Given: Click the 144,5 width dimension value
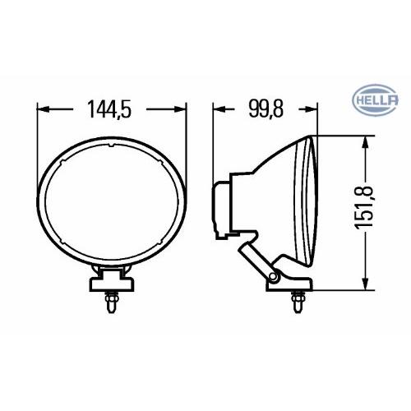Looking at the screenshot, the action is click(x=109, y=109).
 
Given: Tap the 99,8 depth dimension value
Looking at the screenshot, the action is click(x=266, y=109).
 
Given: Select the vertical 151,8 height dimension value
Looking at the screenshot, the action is click(x=364, y=207).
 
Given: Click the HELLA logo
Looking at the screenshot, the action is click(x=375, y=100).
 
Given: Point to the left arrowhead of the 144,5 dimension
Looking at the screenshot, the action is click(x=43, y=109).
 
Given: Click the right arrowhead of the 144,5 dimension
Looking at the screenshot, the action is click(x=180, y=109).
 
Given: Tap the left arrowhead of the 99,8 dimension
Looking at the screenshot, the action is click(x=219, y=109).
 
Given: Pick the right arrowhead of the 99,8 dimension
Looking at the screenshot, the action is click(x=312, y=109).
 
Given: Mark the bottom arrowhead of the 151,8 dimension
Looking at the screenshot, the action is click(x=364, y=283).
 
